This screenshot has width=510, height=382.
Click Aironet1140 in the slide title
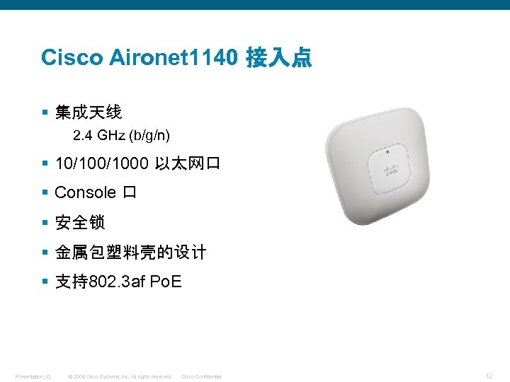pyautogui.click(x=173, y=58)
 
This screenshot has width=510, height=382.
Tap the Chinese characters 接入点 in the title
pyautogui.click(x=278, y=58)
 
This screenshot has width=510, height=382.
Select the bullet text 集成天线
pyautogui.click(x=88, y=112)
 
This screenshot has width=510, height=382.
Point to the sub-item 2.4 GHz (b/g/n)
pyautogui.click(x=122, y=134)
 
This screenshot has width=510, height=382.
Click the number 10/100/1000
pyautogui.click(x=101, y=164)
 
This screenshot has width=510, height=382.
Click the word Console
pyautogui.click(x=85, y=192)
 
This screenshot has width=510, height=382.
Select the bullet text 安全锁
pyautogui.click(x=79, y=223)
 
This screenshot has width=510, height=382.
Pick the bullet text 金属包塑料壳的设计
pyautogui.click(x=130, y=253)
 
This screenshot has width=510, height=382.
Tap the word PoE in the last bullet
pyautogui.click(x=166, y=282)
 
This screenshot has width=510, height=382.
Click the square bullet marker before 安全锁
pyautogui.click(x=45, y=223)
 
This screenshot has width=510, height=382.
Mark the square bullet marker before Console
pyautogui.click(x=45, y=192)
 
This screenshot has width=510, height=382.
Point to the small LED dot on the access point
pyautogui.click(x=390, y=151)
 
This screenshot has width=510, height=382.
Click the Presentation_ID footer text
pyautogui.click(x=33, y=376)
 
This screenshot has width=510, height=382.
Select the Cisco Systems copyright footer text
pyautogui.click(x=120, y=376)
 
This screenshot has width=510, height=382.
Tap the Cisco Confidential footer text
pyautogui.click(x=201, y=376)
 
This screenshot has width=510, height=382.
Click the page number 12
pyautogui.click(x=489, y=376)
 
